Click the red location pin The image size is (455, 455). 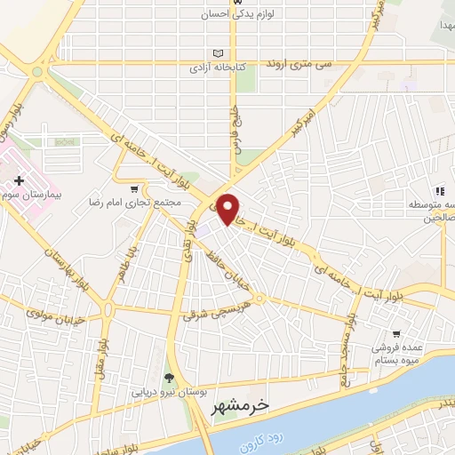click(x=229, y=208)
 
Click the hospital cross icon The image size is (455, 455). click(x=19, y=180)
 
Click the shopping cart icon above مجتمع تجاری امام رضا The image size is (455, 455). click(x=134, y=188)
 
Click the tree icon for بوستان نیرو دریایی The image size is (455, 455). click(x=170, y=377)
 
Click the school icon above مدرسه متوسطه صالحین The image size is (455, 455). click(x=439, y=190)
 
